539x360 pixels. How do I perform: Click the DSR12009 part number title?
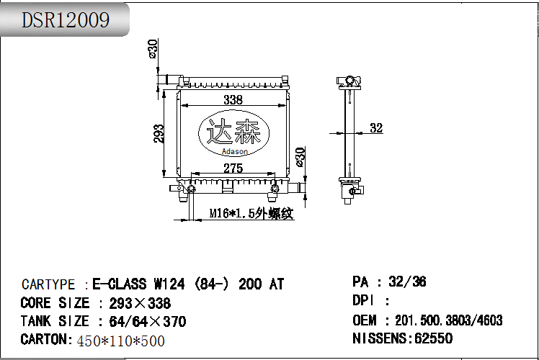pos(66,20)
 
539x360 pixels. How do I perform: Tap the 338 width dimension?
pos(233,99)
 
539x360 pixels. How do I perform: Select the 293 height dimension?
pos(159,134)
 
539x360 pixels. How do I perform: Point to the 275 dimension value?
pos(233,168)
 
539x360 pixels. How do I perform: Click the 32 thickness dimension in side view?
pos(376,127)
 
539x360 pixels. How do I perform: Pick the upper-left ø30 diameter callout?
pos(153,48)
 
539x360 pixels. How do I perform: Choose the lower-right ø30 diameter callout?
pos(300,157)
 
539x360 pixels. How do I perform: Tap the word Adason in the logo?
pos(234,151)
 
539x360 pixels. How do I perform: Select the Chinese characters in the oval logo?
pos(233,132)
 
